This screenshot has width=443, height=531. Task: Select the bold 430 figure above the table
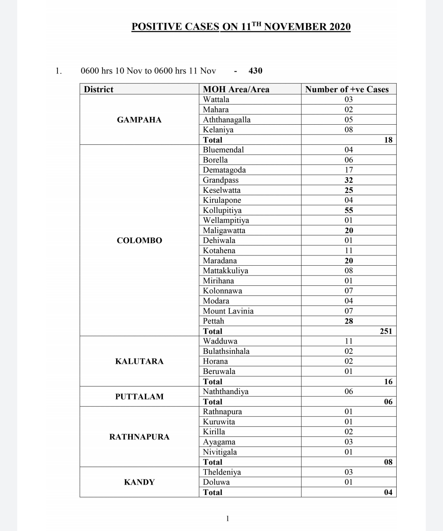pos(255,71)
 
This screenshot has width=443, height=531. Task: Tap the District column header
pos(98,89)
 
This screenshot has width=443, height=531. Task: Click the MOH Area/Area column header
pos(236,89)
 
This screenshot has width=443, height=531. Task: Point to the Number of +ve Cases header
pos(347,89)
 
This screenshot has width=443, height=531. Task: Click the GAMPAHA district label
pos(139,120)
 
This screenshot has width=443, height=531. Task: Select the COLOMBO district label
pos(139,241)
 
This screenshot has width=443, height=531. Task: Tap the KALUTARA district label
pos(139,361)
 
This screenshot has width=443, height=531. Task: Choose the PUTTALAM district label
pos(139,397)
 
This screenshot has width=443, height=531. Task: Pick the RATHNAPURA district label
pos(139,437)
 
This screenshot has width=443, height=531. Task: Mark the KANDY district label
pos(139,482)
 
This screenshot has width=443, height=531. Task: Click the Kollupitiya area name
pos(222,210)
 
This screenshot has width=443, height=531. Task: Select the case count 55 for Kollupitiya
pos(349,210)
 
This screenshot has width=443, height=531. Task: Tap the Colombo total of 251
pos(386,331)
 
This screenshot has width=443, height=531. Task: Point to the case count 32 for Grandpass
pos(349,180)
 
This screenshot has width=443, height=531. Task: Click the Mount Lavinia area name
pos(228,311)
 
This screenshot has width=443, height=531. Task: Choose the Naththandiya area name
pos(226,392)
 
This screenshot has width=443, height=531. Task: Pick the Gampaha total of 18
pos(388,140)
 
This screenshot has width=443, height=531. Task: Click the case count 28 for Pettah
pos(349,321)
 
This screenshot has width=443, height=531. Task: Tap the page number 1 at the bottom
pos(228,519)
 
